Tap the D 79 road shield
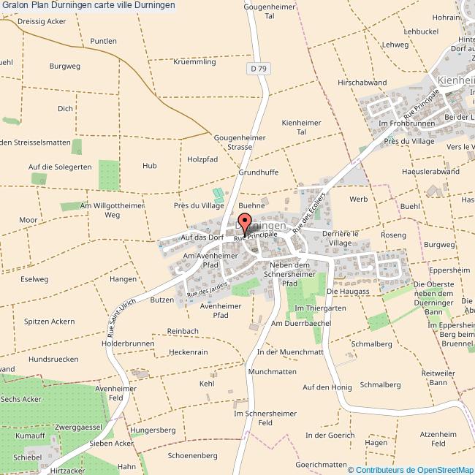click(256, 69)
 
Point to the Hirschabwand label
click(362, 83)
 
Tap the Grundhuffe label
click(258, 173)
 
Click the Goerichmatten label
click(321, 465)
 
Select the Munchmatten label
click(272, 372)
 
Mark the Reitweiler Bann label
click(438, 378)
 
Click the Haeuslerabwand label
click(430, 171)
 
